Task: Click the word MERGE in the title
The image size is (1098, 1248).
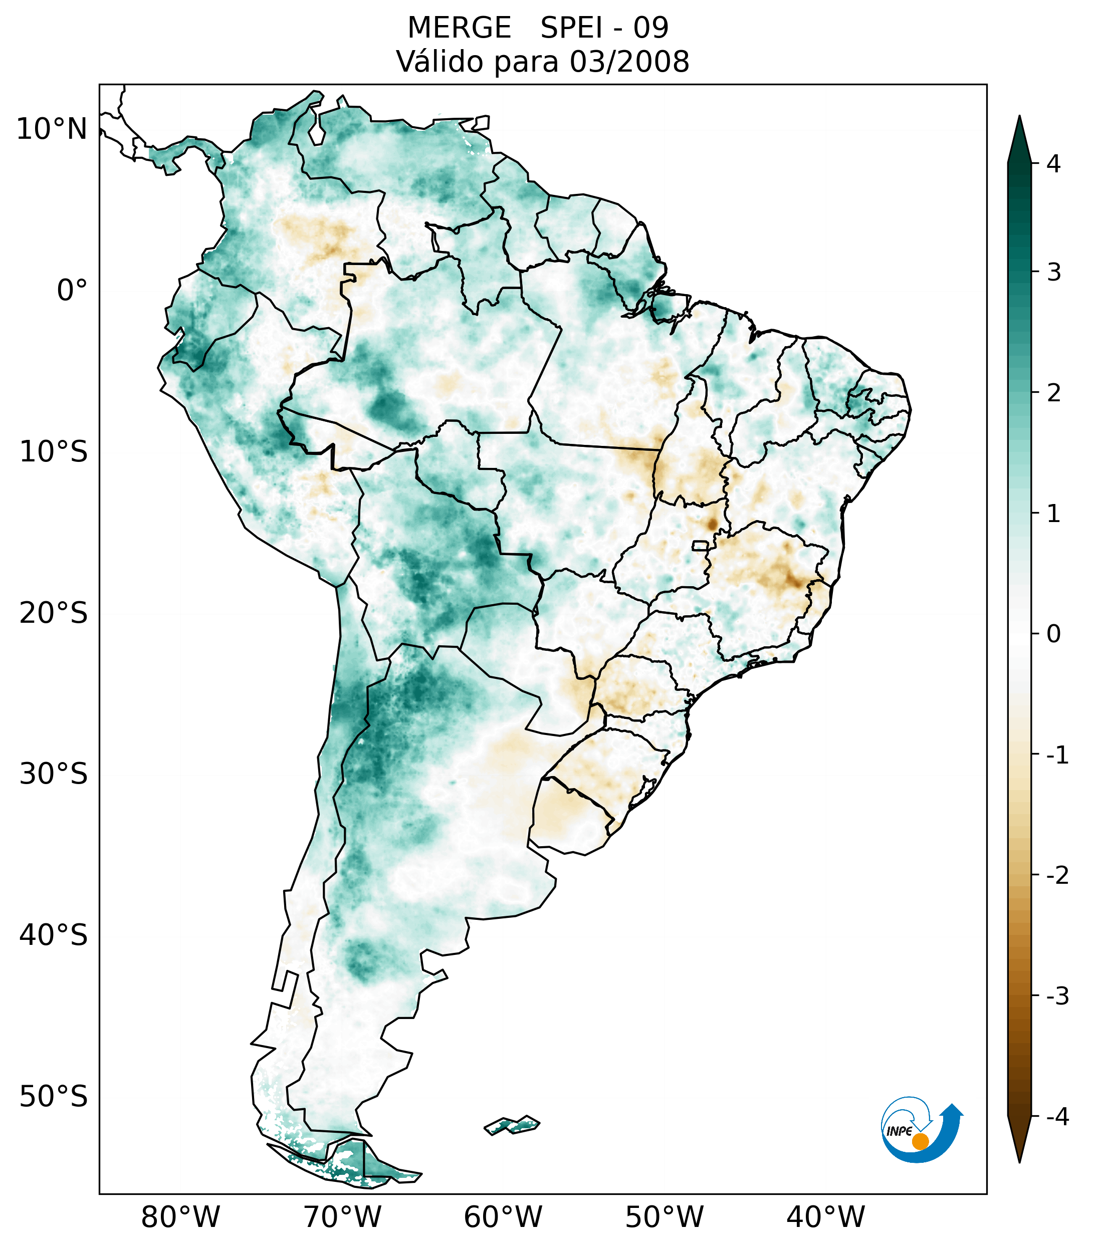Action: (459, 28)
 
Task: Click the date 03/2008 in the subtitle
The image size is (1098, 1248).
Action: (629, 62)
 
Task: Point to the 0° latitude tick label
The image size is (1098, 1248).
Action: (72, 291)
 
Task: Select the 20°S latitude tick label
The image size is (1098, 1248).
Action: (54, 613)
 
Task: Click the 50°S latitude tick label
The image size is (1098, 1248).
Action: (54, 1097)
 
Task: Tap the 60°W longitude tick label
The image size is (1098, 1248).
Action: (503, 1217)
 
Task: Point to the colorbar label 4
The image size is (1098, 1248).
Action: (1053, 164)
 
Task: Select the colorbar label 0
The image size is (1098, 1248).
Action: (1053, 634)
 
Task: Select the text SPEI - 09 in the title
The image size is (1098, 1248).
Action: (604, 28)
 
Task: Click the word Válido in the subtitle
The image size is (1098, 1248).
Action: (439, 62)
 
